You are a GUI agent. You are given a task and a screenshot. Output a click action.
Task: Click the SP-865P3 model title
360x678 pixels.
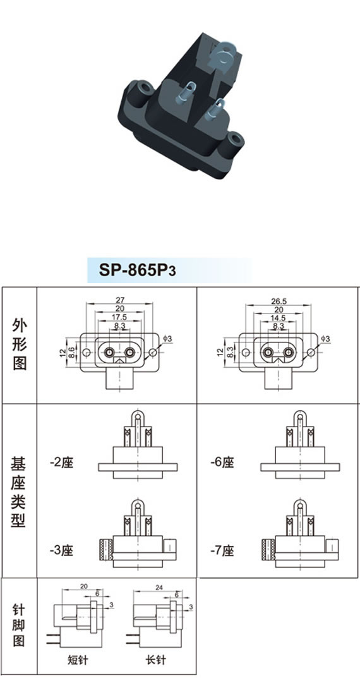(138, 270)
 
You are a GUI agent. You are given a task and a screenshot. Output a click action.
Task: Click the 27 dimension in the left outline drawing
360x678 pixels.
(119, 300)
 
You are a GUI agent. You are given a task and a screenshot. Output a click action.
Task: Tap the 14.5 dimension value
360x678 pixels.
(279, 317)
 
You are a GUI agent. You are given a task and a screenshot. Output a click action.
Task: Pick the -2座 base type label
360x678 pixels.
(61, 463)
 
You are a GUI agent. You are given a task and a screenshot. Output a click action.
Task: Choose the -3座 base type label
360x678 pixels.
(61, 551)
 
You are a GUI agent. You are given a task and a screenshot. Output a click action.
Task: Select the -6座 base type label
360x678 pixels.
(222, 463)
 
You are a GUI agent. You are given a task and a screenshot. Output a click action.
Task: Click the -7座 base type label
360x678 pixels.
(222, 551)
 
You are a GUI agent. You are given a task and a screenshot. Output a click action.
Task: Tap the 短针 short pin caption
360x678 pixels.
(78, 660)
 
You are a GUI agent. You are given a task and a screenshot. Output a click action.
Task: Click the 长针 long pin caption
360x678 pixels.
(155, 660)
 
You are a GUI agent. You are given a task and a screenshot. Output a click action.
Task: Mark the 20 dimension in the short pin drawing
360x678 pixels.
(84, 586)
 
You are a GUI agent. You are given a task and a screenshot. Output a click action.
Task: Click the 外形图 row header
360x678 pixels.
(20, 346)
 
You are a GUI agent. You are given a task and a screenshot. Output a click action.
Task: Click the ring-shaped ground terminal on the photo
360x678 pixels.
(224, 58)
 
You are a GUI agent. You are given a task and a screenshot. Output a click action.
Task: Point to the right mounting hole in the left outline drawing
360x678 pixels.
(152, 353)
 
